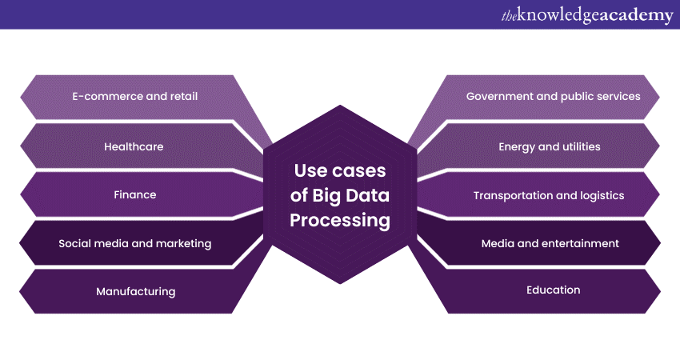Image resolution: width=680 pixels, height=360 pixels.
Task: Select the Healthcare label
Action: coord(134,146)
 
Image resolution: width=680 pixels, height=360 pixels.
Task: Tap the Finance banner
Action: coord(134,194)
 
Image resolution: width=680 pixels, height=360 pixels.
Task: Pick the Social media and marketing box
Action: coord(134,243)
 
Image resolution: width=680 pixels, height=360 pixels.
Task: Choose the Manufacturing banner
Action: coord(135,291)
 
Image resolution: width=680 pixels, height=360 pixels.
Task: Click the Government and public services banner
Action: coord(553,97)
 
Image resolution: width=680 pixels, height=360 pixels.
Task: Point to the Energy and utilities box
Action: coord(549,146)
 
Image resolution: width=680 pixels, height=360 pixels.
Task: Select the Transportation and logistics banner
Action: coord(549,195)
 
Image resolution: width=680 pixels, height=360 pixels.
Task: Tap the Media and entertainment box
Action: coord(550,243)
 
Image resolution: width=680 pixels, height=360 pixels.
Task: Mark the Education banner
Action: coord(553,290)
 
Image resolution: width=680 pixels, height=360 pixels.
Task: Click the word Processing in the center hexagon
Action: coord(340,220)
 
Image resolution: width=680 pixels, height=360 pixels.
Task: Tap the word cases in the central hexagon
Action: coord(359,170)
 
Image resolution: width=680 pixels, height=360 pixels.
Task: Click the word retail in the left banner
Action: coord(182,97)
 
